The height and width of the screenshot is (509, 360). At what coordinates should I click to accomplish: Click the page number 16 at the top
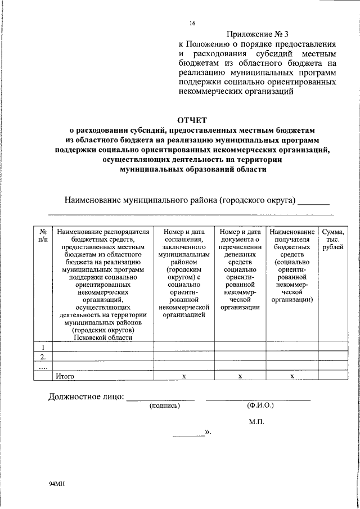192,23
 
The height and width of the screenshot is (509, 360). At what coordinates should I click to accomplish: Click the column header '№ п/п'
43,236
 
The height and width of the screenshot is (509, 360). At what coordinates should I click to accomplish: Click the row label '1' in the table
43,346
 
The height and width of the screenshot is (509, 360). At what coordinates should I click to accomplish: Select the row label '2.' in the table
43,357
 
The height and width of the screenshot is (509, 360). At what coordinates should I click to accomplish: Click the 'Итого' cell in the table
66,376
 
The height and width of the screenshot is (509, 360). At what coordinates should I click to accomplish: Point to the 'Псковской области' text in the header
102,337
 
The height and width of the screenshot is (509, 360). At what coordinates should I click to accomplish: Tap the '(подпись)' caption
165,406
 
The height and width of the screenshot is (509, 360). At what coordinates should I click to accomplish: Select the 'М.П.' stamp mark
256,421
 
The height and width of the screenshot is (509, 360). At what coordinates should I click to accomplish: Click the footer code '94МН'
57,484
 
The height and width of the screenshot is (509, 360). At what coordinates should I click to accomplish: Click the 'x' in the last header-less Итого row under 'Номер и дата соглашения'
184,376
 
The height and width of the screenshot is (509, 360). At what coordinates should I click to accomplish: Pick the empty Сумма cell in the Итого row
332,376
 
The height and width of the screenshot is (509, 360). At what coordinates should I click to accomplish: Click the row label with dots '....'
43,366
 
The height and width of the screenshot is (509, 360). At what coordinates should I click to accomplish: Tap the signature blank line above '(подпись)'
160,399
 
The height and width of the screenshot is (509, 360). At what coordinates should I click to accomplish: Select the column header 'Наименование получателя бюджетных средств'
292,265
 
